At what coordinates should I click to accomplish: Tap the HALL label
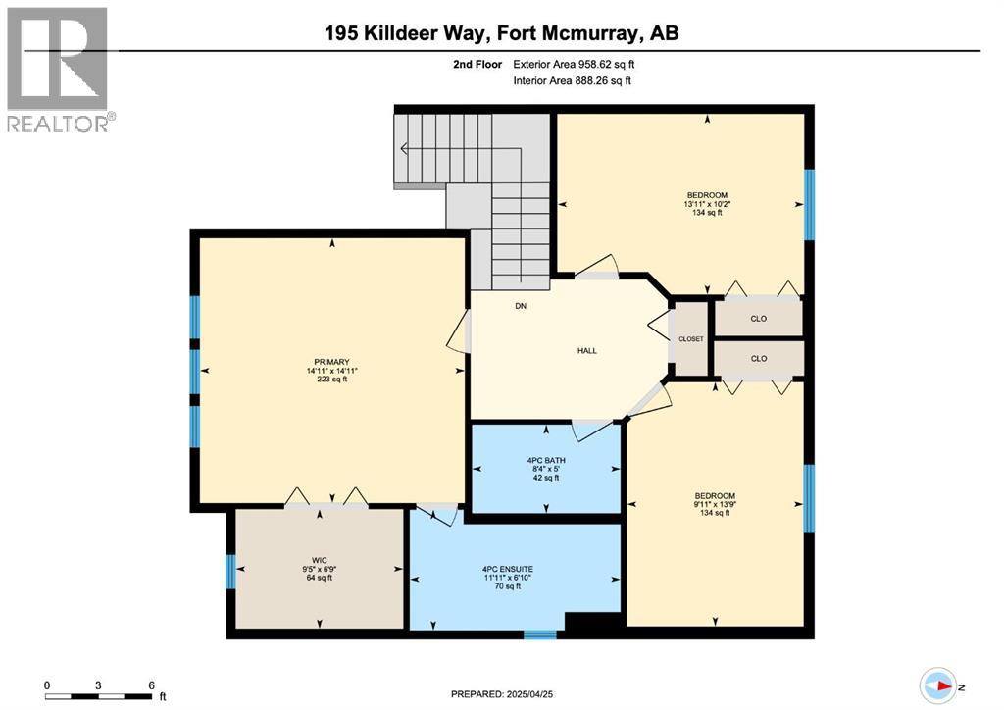tap(586, 351)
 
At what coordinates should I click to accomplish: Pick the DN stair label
tap(521, 306)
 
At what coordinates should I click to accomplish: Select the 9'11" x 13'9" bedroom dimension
tap(715, 504)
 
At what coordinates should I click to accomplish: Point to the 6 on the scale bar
tap(151, 685)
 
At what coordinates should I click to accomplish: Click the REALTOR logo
tap(59, 69)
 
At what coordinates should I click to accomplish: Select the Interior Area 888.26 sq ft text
tap(572, 80)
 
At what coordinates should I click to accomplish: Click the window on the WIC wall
tap(229, 572)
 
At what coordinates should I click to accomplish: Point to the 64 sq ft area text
tap(319, 577)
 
